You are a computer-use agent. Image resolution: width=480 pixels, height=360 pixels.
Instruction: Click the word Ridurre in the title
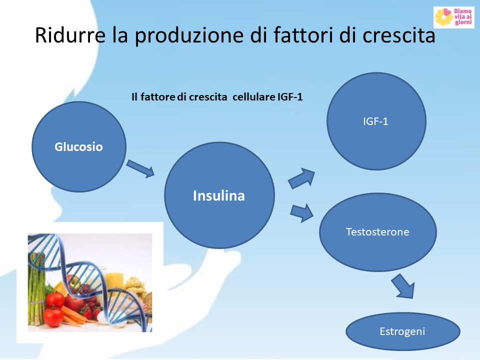pos(70,34)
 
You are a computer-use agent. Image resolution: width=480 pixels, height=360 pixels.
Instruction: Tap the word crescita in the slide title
pos(398,34)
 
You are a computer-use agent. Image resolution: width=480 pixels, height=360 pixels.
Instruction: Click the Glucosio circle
pos(79,147)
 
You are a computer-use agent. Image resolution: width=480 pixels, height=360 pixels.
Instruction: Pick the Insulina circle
pos(219,195)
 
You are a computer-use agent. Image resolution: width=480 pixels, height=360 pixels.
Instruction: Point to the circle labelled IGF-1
pos(376,121)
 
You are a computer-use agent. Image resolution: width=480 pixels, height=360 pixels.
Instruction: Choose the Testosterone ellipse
pos(378,231)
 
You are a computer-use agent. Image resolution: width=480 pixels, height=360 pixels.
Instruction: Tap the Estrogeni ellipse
pos(403,331)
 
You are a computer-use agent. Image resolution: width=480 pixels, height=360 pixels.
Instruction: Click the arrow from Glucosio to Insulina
pos(140,168)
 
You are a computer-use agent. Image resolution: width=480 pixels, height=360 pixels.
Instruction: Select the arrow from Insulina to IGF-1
pos(301,178)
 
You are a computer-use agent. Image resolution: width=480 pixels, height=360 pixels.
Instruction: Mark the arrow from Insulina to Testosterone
pos(302,213)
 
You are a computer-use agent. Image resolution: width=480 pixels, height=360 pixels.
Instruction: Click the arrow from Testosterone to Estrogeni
pos(403,286)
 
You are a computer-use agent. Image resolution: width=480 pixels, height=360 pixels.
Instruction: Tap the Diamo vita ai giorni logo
pos(454,17)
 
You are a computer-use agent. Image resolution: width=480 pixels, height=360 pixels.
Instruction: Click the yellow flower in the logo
pos(443,17)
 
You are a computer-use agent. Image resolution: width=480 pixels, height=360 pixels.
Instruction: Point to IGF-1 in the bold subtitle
pos(290,97)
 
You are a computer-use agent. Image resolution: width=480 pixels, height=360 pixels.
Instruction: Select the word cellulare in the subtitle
pos(254,97)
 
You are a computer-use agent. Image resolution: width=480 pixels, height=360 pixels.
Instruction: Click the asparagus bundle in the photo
pos(36,288)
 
